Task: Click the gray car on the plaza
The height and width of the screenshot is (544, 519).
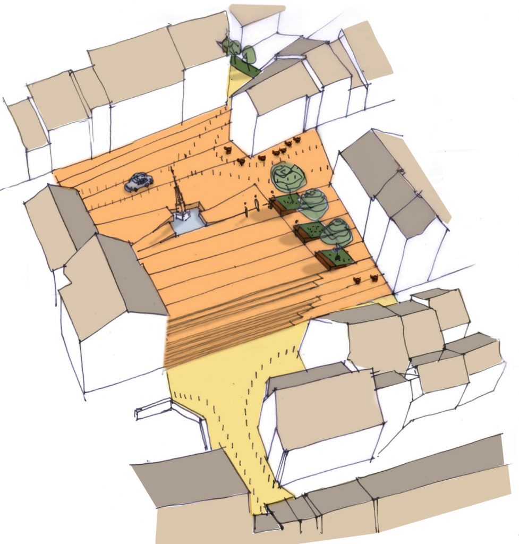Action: tap(139, 182)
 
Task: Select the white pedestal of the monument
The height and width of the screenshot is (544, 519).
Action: tap(182, 214)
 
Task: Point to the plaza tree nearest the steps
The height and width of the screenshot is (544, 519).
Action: tap(336, 232)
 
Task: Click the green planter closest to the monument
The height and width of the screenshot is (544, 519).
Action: tap(286, 203)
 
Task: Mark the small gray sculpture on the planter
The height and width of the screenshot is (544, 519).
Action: tap(336, 249)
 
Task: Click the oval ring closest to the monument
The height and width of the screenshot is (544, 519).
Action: tap(247, 212)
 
